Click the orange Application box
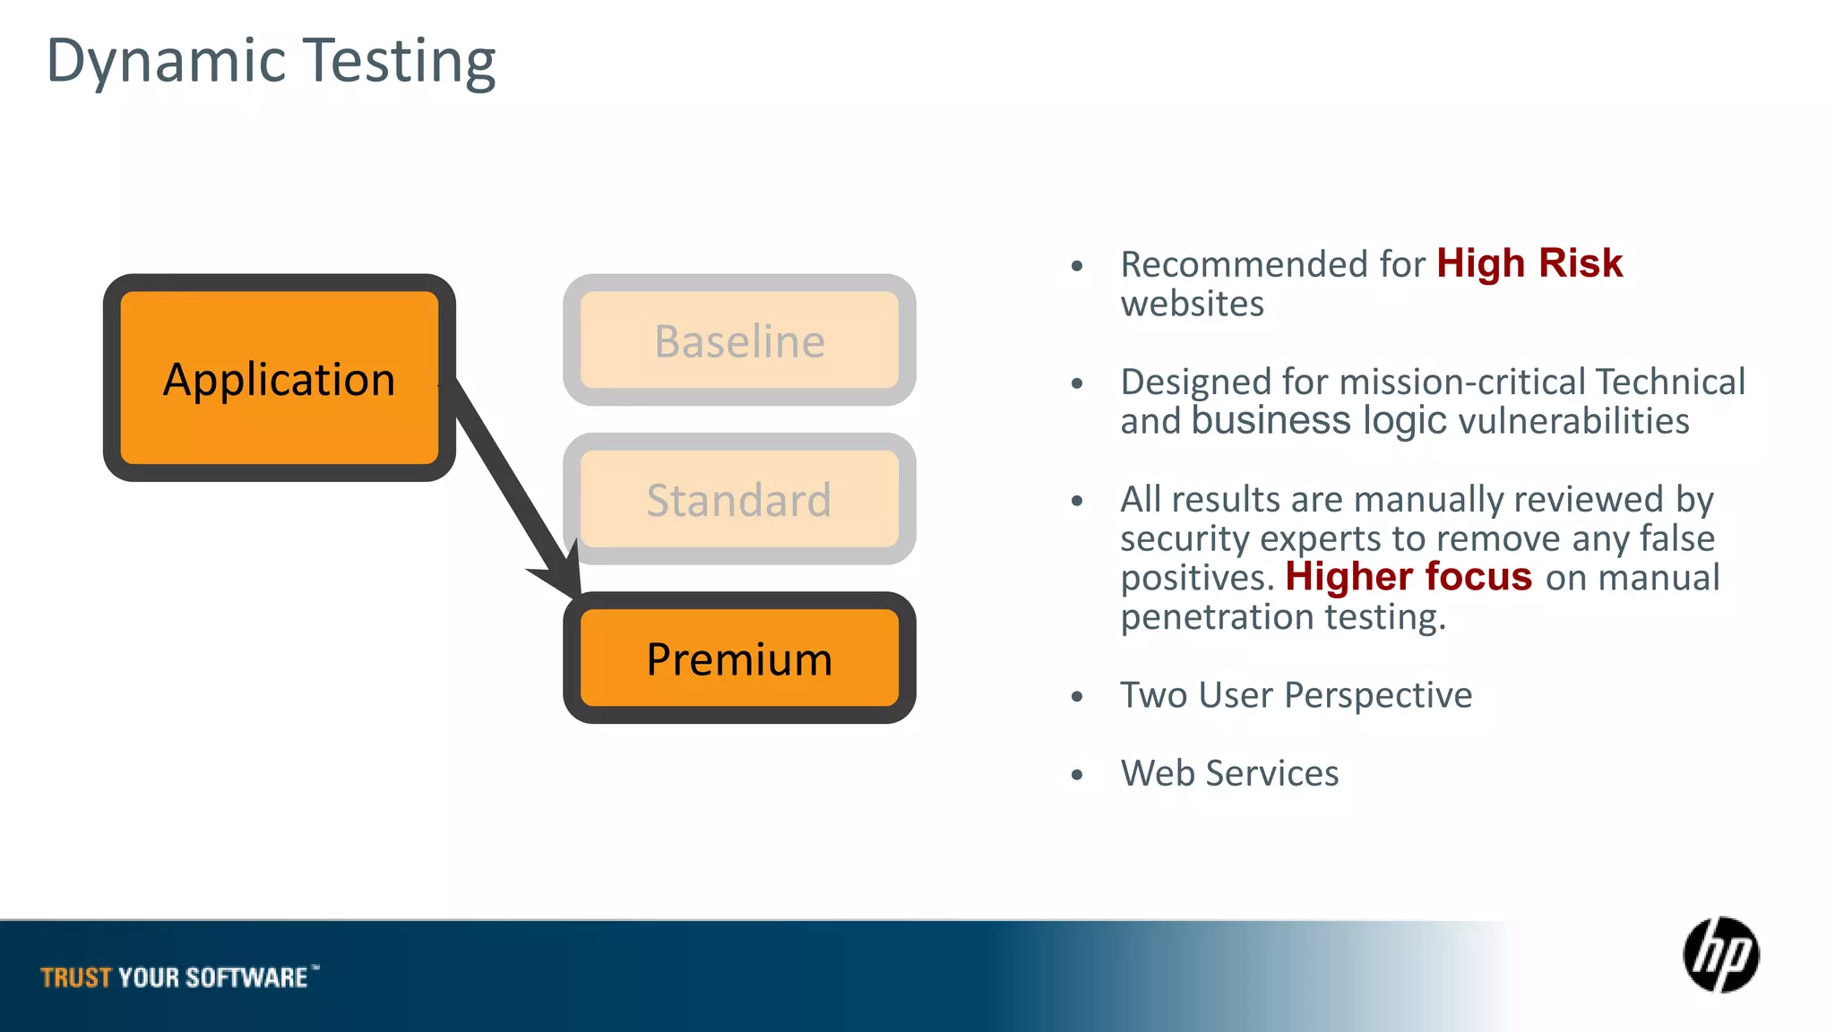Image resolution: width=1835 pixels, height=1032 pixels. (x=279, y=378)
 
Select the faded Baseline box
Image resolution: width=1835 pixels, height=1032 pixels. (x=739, y=340)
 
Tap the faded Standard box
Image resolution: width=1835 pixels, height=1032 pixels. (x=739, y=499)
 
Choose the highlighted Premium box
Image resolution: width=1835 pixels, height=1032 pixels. (x=739, y=658)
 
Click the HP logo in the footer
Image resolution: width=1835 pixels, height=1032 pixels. (x=1720, y=955)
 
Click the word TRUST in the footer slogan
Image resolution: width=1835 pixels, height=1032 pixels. (x=76, y=977)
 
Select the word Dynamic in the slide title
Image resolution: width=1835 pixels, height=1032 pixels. (x=166, y=61)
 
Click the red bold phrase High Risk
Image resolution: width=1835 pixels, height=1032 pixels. (x=1529, y=263)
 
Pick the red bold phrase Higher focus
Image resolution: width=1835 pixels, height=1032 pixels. (x=1409, y=577)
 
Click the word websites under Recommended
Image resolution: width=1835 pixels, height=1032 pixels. (x=1192, y=304)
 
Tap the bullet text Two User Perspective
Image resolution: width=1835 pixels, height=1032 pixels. (x=1296, y=695)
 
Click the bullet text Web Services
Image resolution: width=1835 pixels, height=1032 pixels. (x=1229, y=773)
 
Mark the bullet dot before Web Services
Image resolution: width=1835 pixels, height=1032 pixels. (x=1077, y=775)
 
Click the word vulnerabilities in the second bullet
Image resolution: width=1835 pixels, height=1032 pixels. (x=1573, y=421)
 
